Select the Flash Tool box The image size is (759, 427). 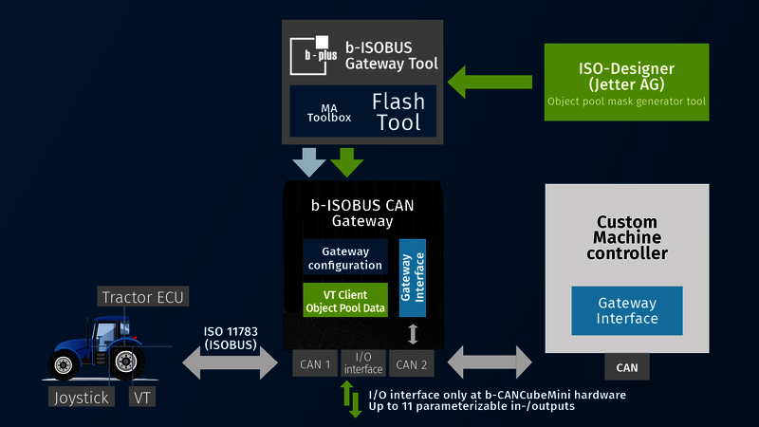(397, 112)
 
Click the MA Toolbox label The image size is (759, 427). (328, 112)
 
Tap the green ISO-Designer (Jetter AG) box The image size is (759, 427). (626, 82)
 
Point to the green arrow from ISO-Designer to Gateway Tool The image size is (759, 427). (490, 81)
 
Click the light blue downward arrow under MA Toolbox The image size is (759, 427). (309, 161)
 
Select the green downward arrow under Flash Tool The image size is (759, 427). (347, 161)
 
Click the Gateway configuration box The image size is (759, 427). (345, 258)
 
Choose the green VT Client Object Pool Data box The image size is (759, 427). (345, 299)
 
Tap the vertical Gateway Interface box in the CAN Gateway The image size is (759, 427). (413, 277)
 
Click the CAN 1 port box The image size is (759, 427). (313, 363)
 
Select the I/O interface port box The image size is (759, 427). (362, 363)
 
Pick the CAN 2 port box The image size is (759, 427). (413, 363)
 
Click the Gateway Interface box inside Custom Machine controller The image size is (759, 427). (626, 310)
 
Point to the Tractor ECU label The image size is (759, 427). (143, 297)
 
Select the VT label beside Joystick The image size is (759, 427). (142, 397)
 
